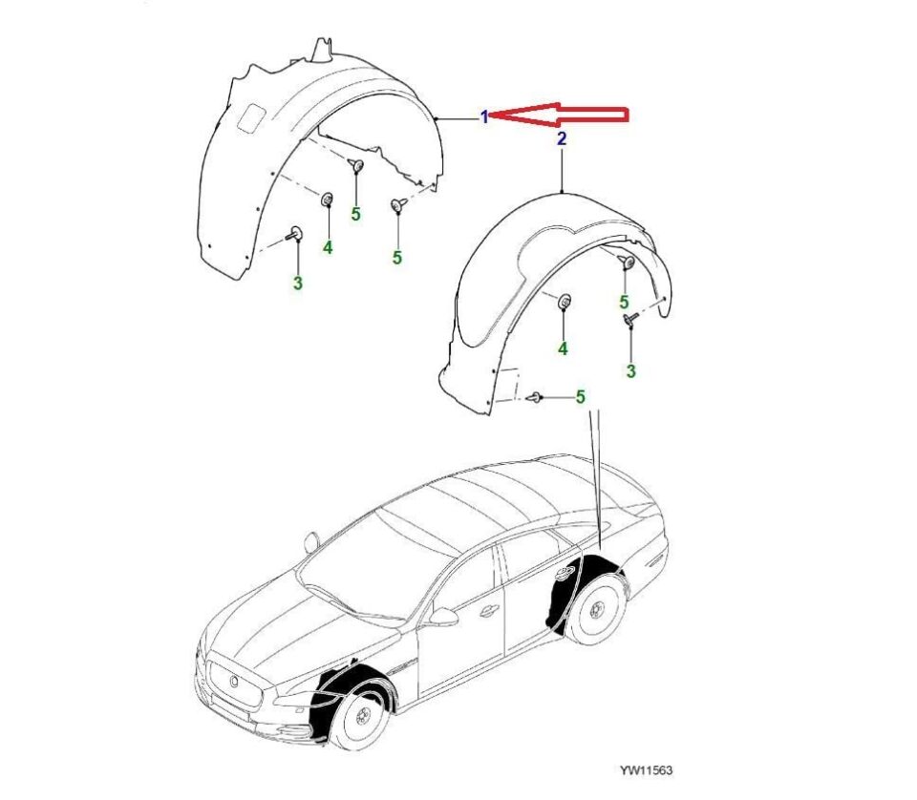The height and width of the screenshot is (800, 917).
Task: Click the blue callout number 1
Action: pyautogui.click(x=484, y=117)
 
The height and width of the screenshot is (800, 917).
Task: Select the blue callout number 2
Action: pyautogui.click(x=562, y=139)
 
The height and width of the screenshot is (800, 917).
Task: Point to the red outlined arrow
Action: pyautogui.click(x=559, y=114)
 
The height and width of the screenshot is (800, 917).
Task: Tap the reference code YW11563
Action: pyautogui.click(x=646, y=770)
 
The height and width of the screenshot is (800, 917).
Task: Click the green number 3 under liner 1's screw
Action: pyautogui.click(x=298, y=284)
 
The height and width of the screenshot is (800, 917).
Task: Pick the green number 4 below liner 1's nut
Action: pyautogui.click(x=328, y=247)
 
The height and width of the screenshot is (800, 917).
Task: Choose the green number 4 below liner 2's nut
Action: pyautogui.click(x=563, y=348)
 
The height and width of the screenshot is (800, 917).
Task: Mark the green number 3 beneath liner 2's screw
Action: pyautogui.click(x=630, y=370)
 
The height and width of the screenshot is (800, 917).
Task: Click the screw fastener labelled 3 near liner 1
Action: pyautogui.click(x=294, y=234)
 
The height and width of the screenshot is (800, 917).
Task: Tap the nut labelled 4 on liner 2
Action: pyautogui.click(x=565, y=302)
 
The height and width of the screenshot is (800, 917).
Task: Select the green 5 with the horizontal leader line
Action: pyautogui.click(x=580, y=397)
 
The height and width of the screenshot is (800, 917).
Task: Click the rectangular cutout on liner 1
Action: pyautogui.click(x=251, y=116)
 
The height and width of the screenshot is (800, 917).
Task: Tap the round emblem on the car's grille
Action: pyautogui.click(x=233, y=681)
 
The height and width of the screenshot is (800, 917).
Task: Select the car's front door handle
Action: pyautogui.click(x=486, y=612)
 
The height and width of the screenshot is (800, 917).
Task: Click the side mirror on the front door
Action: pyautogui.click(x=442, y=617)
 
